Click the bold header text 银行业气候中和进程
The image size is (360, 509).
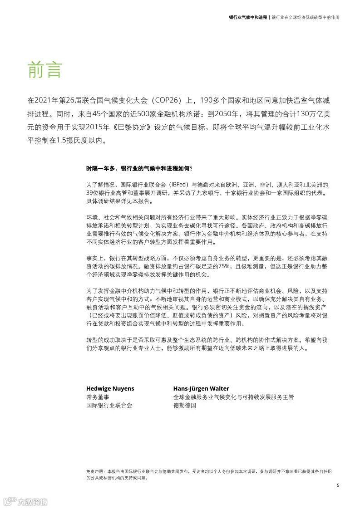(248, 18)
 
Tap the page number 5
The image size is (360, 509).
(338, 485)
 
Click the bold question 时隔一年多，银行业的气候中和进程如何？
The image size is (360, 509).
(139, 168)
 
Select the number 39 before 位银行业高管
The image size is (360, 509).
(90, 193)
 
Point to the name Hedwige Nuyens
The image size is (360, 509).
(110, 388)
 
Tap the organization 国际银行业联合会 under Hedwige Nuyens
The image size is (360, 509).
(109, 405)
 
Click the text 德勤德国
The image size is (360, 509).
(184, 405)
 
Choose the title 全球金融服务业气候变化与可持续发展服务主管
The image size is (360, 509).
(233, 397)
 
